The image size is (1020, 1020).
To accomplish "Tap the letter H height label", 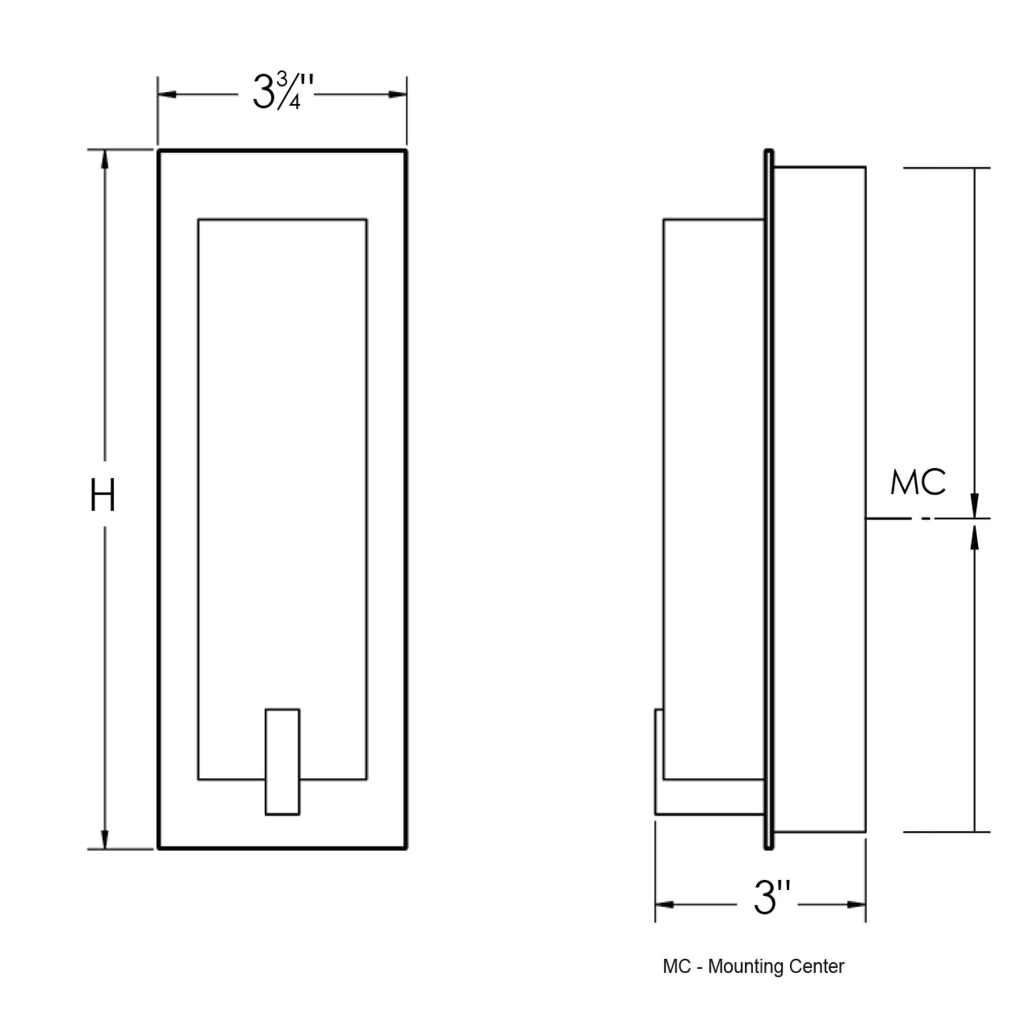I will [103, 496].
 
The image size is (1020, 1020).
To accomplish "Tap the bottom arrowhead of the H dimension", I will [105, 839].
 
